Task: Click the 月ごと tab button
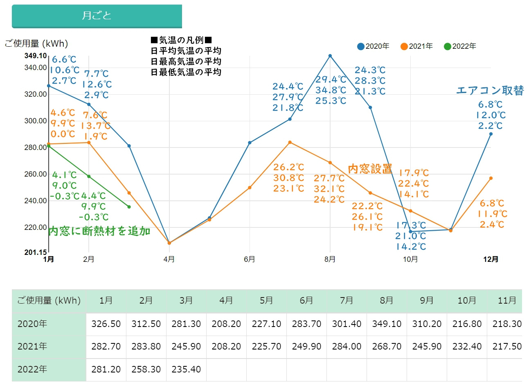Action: coord(97,16)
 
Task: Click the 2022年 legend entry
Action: coord(460,46)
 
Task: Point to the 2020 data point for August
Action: coord(330,56)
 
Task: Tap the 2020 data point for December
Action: coord(491,134)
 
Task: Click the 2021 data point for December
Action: coord(491,178)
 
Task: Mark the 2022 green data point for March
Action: coord(129,207)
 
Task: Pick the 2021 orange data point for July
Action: coord(290,143)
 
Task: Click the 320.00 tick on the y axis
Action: coord(36,94)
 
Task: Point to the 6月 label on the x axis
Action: coord(250,259)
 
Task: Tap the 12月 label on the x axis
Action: coord(491,259)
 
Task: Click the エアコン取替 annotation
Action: coord(490,91)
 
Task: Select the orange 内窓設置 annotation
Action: coord(370,169)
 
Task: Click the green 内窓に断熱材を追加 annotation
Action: coord(99,232)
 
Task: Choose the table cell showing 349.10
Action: coord(387,324)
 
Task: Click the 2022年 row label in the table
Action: coord(32,370)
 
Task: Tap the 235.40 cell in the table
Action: coord(186,370)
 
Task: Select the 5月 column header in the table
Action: coord(266,301)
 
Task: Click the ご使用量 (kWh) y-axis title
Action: coord(36,43)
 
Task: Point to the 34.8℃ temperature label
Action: coord(331,90)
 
